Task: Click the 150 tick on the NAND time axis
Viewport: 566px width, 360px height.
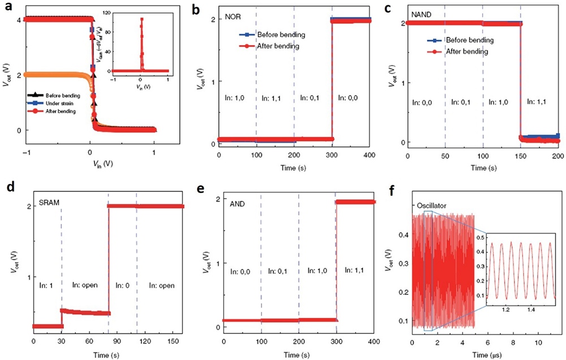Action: point(521,155)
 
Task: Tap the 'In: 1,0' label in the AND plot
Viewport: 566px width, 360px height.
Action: point(318,271)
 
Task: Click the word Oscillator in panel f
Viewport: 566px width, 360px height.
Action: point(432,204)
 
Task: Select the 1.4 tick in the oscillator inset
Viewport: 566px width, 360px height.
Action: point(531,310)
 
